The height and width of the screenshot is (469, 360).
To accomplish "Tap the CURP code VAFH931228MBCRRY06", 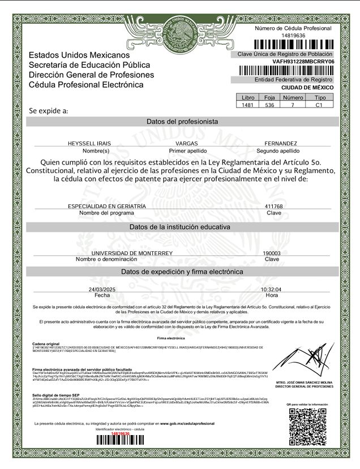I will pyautogui.click(x=303, y=61).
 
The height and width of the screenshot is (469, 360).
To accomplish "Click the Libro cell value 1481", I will pyautogui.click(x=247, y=105).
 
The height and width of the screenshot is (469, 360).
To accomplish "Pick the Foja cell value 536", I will pyautogui.click(x=269, y=105).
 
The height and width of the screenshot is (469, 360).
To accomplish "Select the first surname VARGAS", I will pyautogui.click(x=187, y=144).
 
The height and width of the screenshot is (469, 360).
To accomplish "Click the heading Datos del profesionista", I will pyautogui.click(x=182, y=122).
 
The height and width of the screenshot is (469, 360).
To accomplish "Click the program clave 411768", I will pyautogui.click(x=273, y=206).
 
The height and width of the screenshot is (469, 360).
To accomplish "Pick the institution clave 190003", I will pyautogui.click(x=272, y=253).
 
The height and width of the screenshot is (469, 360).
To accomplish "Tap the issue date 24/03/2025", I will pyautogui.click(x=102, y=289).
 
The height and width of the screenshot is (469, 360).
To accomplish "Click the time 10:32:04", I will pyautogui.click(x=271, y=289).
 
